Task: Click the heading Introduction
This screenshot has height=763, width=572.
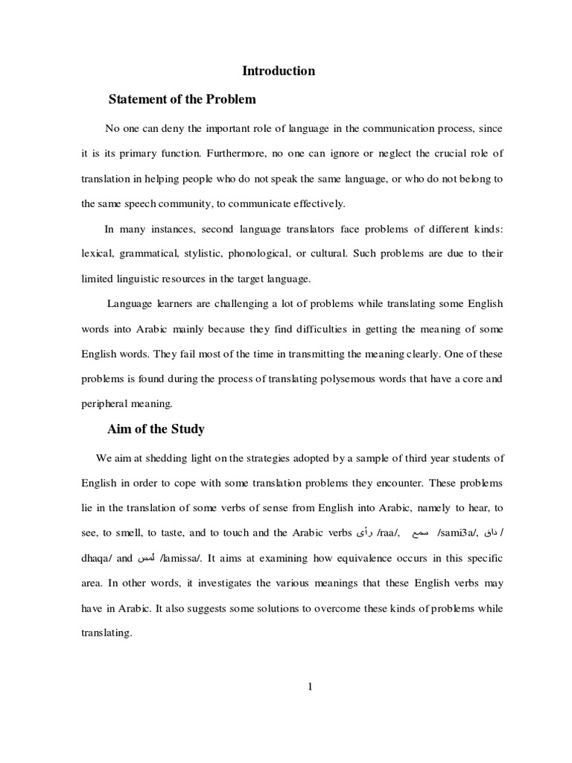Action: tap(279, 72)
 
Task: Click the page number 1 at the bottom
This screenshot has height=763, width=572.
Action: tap(308, 687)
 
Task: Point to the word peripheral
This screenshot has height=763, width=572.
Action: tap(105, 403)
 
